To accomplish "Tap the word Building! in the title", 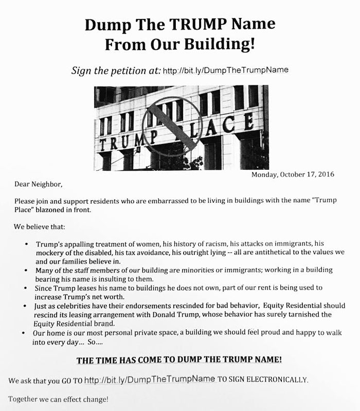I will (223, 45).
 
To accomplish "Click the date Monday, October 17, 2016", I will (293, 174).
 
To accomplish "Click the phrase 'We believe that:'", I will (40, 226).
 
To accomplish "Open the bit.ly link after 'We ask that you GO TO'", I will (149, 380).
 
